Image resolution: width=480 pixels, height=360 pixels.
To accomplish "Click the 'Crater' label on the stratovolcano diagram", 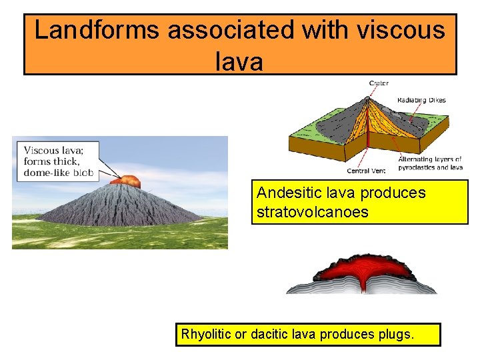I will click(x=379, y=83).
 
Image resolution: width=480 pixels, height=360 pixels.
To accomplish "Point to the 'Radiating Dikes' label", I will click(x=421, y=100).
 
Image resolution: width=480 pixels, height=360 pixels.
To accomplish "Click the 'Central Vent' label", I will click(x=367, y=171).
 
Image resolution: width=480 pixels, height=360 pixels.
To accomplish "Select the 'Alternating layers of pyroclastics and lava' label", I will click(x=429, y=163).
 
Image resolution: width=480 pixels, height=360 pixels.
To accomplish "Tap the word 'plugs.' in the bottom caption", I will click(x=397, y=334).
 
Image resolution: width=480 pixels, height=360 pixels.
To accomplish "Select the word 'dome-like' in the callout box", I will click(x=48, y=173).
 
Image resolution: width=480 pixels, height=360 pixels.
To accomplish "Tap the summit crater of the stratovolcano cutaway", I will click(x=367, y=98).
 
